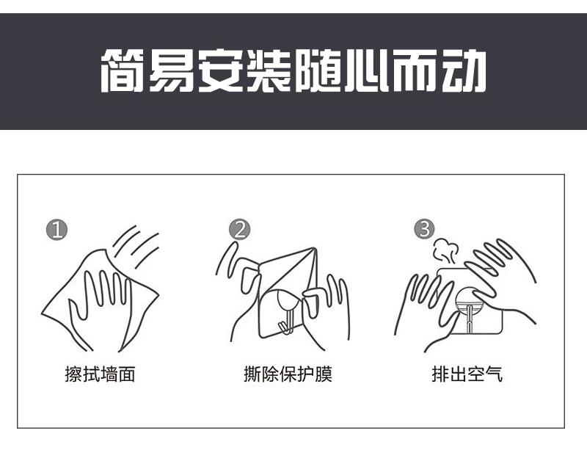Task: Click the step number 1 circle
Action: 57,230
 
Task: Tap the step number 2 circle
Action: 240,229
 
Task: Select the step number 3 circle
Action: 425,229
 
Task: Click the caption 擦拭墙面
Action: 100,374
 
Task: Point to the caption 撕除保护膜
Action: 288,374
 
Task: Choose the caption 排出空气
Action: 467,374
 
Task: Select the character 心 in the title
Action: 366,70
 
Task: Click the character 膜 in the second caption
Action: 324,374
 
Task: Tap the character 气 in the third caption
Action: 493,374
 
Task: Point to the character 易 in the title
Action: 172,70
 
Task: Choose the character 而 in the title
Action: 415,70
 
